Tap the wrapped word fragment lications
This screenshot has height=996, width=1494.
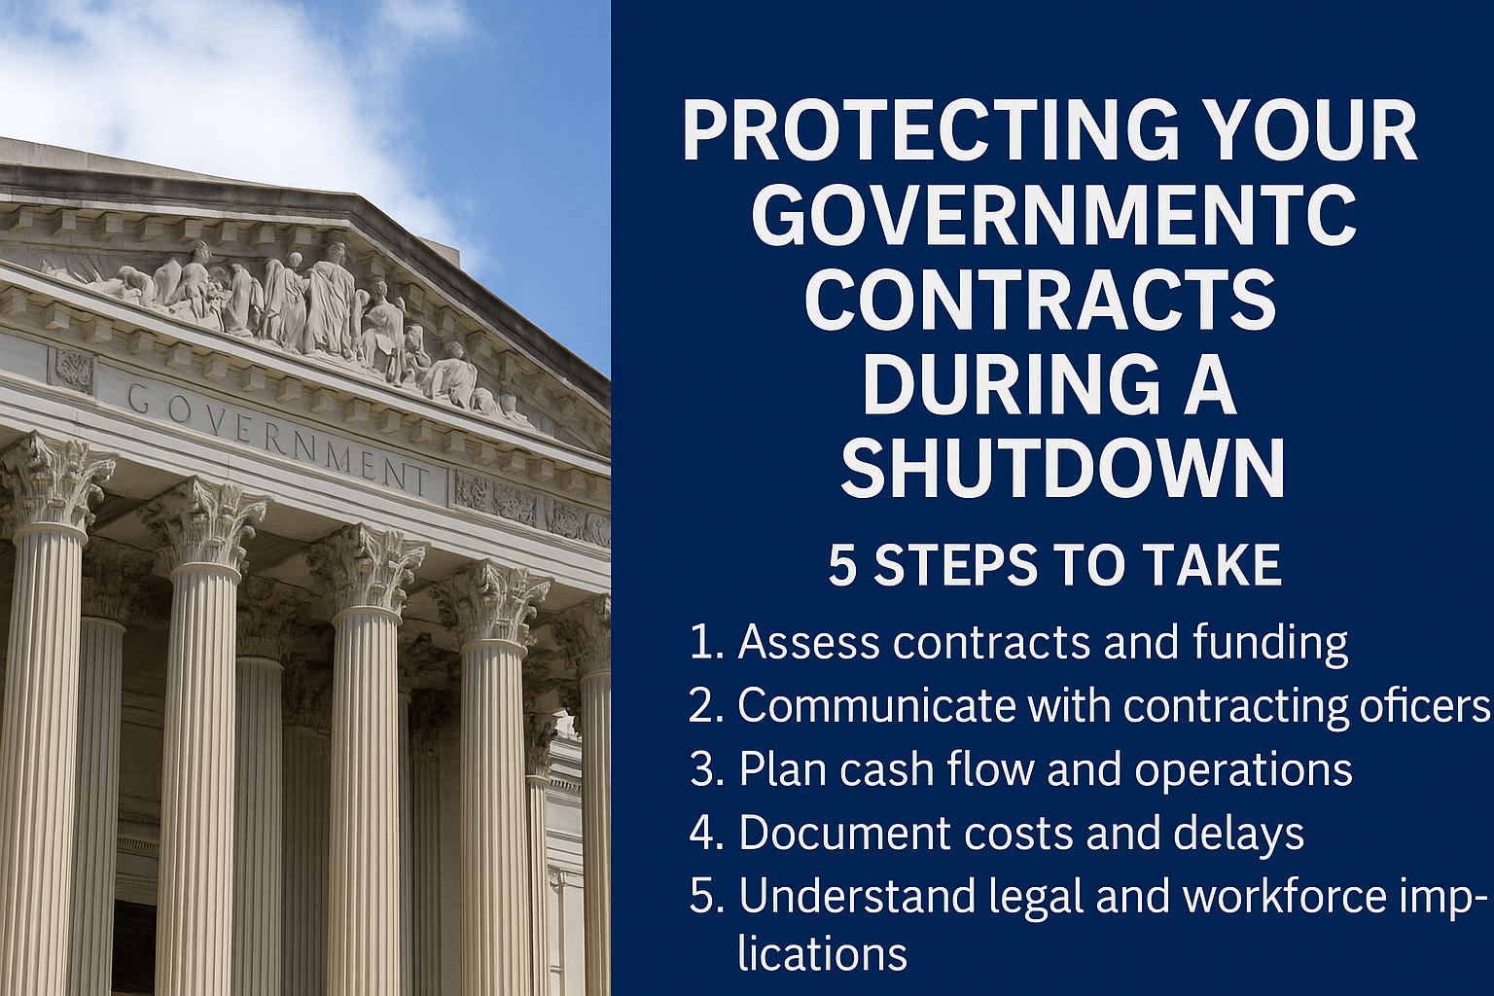822,954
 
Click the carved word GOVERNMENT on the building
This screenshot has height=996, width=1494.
277,438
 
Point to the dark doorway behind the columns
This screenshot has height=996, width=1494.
133,947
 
